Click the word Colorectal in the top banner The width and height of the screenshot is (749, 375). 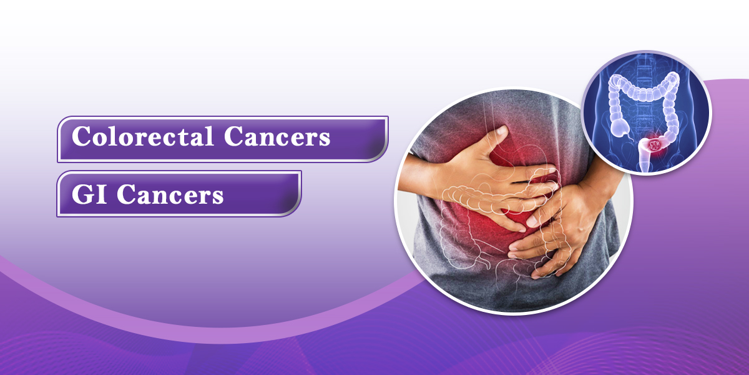tap(143, 136)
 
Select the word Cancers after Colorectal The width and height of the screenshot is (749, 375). tap(277, 136)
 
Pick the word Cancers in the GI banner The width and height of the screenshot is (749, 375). tap(170, 194)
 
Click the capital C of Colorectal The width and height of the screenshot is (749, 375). tap(82, 136)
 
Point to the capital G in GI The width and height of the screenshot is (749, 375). tap(82, 194)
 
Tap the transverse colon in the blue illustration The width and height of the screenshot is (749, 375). tap(644, 91)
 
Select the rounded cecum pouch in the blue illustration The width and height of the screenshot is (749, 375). tap(620, 128)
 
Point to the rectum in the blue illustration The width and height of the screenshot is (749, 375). tap(644, 157)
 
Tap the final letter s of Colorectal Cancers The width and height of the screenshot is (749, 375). tap(325, 139)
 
